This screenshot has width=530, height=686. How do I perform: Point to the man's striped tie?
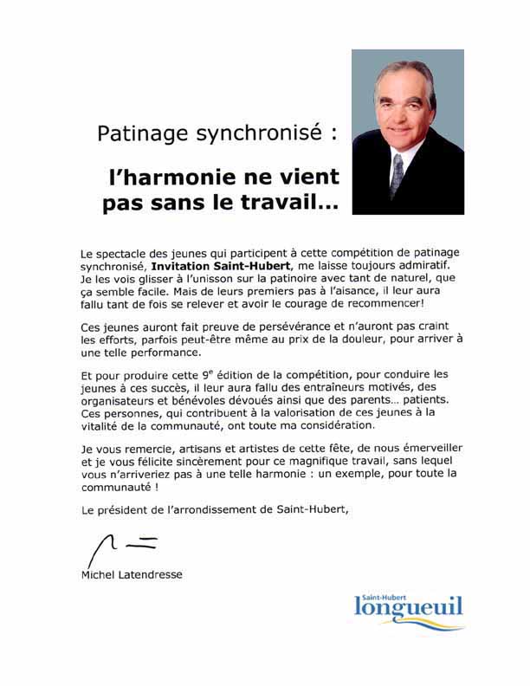pyautogui.click(x=397, y=174)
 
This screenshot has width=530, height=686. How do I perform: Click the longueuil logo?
pyautogui.click(x=408, y=607)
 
